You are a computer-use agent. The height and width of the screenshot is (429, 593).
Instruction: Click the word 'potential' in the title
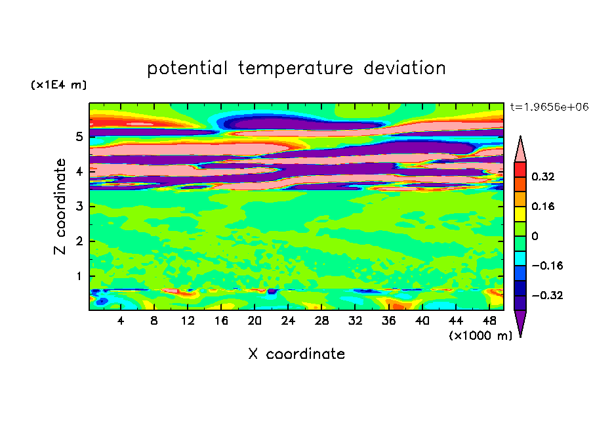click(187, 69)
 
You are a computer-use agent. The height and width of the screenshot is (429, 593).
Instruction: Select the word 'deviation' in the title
click(405, 68)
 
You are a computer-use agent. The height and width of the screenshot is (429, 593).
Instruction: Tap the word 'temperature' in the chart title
click(296, 69)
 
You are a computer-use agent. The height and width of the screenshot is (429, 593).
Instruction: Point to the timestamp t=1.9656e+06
click(549, 107)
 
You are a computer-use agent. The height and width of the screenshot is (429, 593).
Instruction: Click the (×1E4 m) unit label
click(58, 85)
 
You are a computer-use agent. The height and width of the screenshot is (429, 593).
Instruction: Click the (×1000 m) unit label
click(481, 336)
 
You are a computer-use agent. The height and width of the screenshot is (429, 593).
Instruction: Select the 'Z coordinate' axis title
click(60, 207)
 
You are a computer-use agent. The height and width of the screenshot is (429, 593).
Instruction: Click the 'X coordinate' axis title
click(296, 354)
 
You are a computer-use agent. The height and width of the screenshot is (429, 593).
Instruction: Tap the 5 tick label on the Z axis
click(79, 136)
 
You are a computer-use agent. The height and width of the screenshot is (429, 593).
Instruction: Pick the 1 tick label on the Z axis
click(79, 276)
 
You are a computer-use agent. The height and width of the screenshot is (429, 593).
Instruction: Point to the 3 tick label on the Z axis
click(79, 207)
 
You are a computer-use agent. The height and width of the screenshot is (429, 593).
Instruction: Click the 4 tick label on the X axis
click(120, 321)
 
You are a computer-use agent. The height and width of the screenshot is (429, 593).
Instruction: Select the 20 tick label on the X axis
click(255, 321)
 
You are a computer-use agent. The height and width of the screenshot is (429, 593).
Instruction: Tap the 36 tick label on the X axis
click(388, 321)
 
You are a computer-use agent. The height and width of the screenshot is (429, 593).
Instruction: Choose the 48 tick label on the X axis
click(489, 321)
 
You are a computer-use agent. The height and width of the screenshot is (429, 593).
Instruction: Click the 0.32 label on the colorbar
click(543, 176)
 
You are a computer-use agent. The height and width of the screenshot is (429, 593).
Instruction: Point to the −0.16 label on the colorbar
click(547, 266)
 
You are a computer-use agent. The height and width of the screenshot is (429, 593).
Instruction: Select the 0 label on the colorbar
click(535, 236)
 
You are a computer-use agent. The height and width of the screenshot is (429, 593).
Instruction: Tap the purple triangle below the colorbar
click(520, 321)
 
